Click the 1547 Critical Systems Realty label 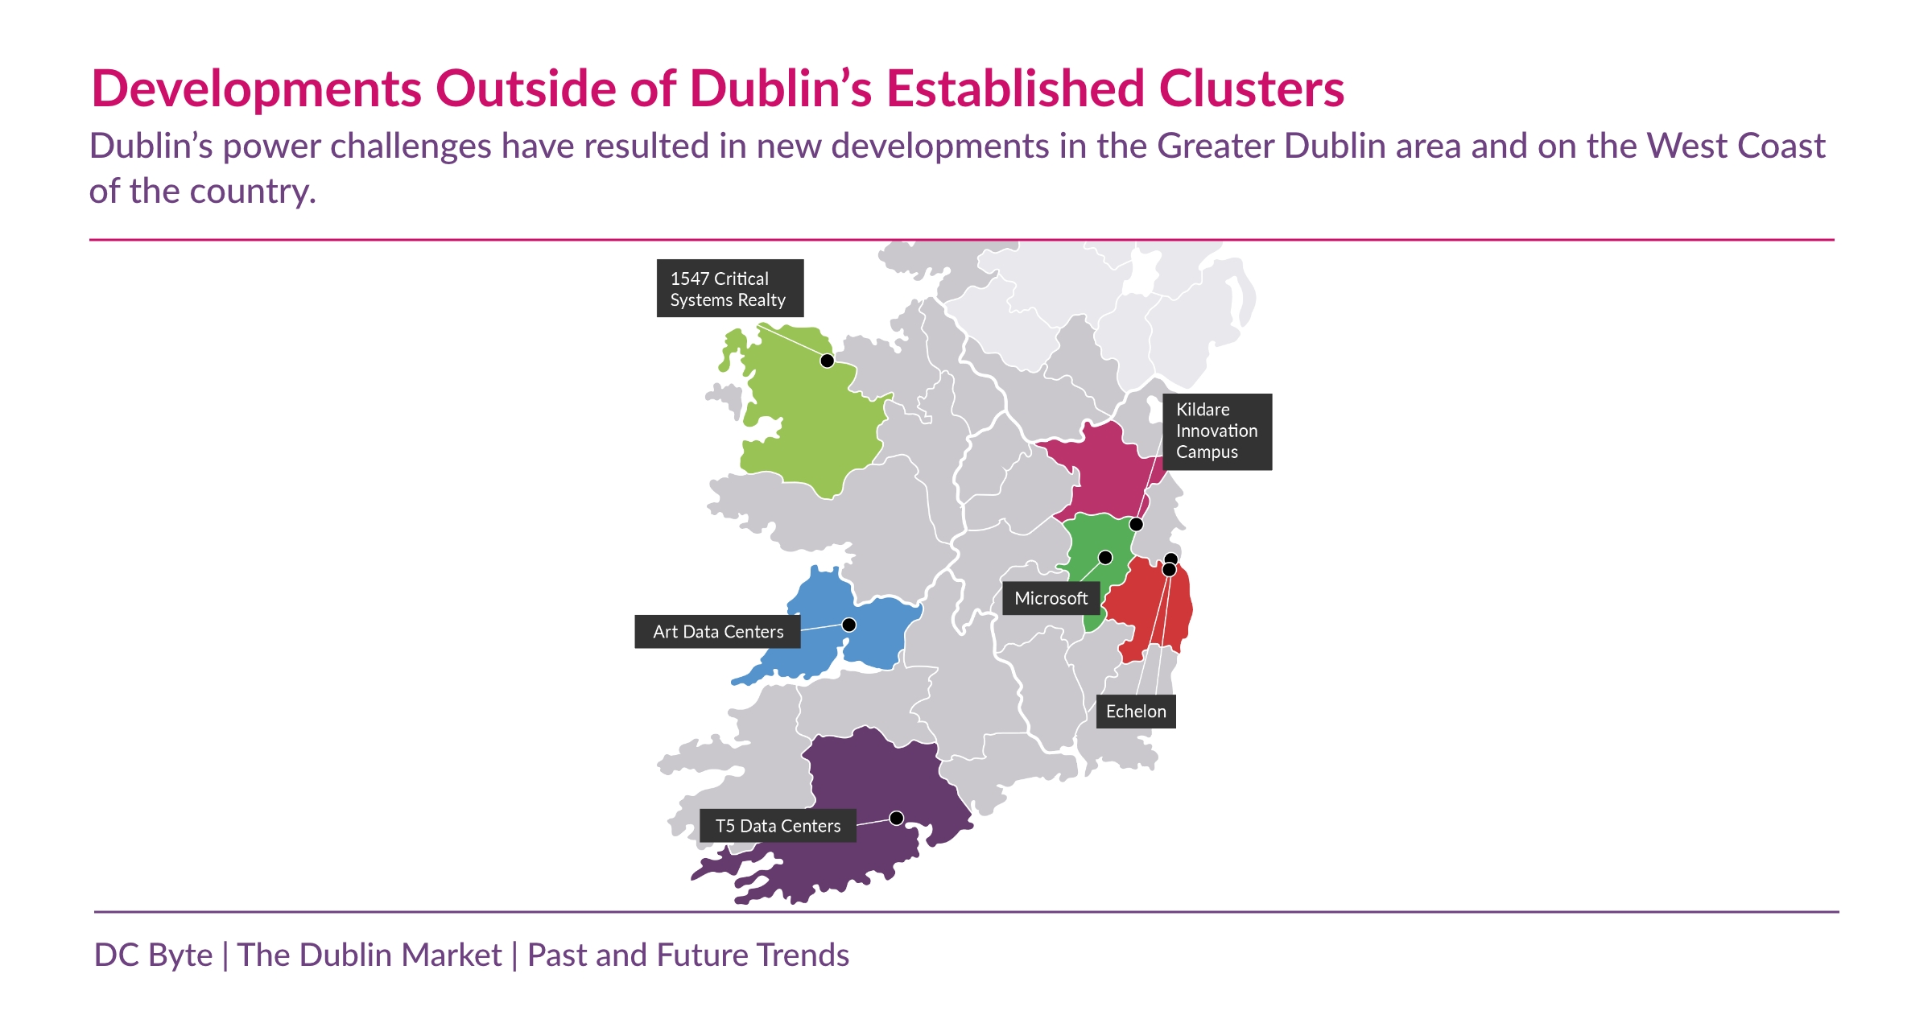(729, 288)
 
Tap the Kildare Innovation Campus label (1216, 431)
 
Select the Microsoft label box (1051, 599)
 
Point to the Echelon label (1135, 712)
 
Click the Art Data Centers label (717, 632)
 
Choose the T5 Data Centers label (777, 826)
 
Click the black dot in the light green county (827, 361)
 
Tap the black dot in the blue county (848, 625)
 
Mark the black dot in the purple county (896, 818)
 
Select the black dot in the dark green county (1105, 558)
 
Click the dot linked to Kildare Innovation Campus (1136, 525)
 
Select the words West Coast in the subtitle (1736, 146)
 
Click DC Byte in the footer (153, 955)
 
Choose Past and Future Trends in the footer (687, 955)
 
